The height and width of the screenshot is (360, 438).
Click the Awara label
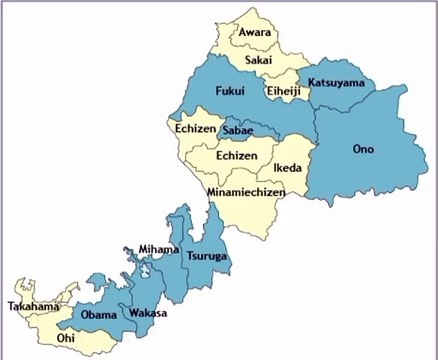click(x=255, y=33)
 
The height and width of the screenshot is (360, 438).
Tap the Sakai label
click(x=259, y=61)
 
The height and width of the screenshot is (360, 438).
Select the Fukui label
click(x=230, y=91)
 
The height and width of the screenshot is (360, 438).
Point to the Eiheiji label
click(x=283, y=92)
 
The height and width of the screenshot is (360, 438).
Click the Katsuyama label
click(x=337, y=81)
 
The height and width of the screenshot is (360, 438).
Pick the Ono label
click(x=363, y=149)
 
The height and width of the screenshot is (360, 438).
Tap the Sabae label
click(x=238, y=131)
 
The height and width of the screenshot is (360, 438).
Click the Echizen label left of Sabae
click(x=195, y=129)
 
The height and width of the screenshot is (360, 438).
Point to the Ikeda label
click(x=288, y=168)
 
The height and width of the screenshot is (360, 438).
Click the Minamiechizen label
click(x=246, y=191)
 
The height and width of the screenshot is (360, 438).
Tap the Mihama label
click(x=159, y=249)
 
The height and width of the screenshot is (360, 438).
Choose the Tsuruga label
click(x=207, y=257)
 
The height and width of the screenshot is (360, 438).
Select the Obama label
click(x=99, y=316)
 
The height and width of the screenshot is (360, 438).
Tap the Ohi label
click(x=66, y=339)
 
